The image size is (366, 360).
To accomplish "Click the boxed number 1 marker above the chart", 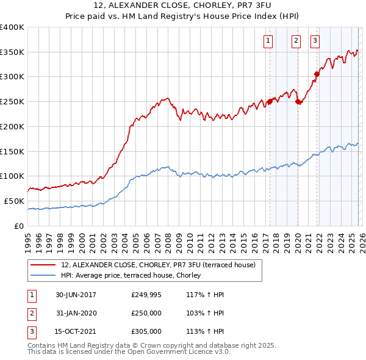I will click(x=268, y=41).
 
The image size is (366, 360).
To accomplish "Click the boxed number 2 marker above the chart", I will click(x=296, y=41).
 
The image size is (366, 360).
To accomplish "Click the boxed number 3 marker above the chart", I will click(x=315, y=41).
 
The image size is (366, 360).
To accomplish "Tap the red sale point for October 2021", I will click(x=317, y=74).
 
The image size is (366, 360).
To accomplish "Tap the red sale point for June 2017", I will click(x=270, y=102).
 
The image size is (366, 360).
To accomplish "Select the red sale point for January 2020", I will click(x=298, y=102).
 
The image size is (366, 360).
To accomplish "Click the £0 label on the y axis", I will click(x=18, y=226).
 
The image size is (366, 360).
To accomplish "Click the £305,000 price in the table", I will click(x=146, y=331).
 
